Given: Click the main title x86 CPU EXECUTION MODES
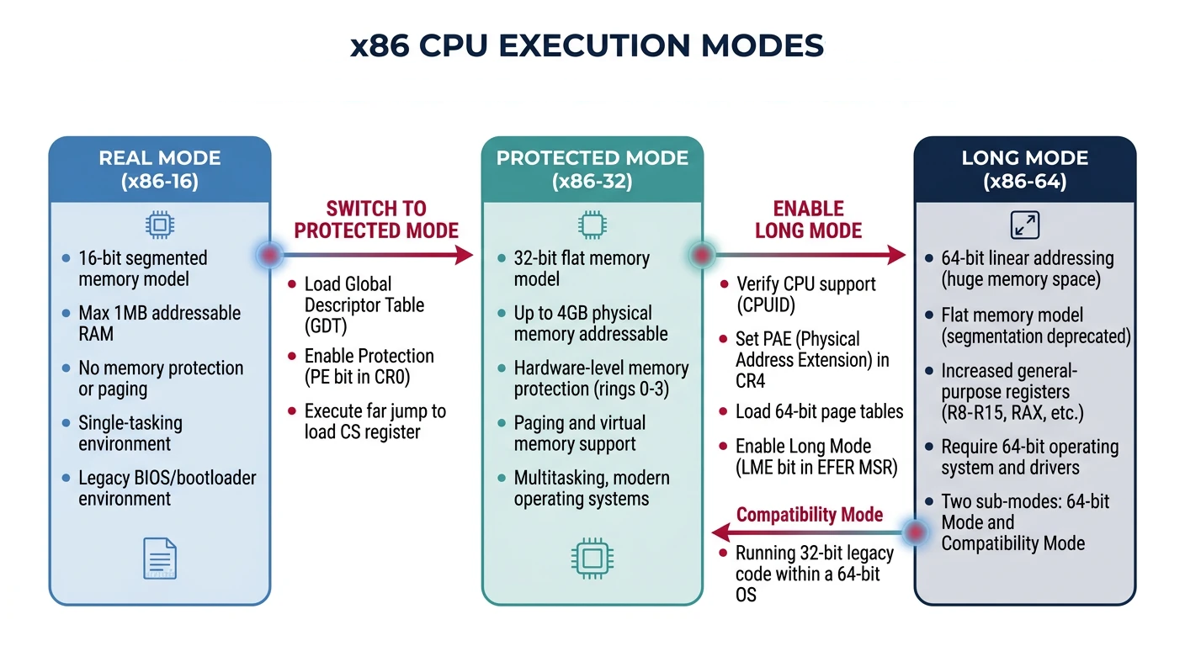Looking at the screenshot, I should (587, 45).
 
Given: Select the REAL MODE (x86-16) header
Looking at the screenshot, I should (160, 169).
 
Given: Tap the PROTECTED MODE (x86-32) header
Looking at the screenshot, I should (592, 169).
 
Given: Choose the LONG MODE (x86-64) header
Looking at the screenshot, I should (1024, 169).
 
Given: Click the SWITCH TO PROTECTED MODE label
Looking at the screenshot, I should (376, 220).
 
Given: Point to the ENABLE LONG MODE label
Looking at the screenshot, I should (808, 220).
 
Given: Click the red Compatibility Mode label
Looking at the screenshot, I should (810, 514).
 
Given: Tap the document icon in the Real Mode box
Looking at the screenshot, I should (160, 558).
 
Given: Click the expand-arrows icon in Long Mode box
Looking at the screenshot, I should (1024, 225).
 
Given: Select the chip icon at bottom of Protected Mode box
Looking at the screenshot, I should (592, 558).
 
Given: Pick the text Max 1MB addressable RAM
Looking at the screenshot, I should (159, 323).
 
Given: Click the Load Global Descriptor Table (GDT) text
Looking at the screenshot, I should (364, 304).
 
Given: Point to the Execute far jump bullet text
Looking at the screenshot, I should (375, 421).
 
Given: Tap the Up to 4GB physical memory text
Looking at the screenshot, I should (590, 323).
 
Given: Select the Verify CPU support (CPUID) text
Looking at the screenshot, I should (805, 294).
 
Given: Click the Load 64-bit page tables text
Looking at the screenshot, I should (819, 411).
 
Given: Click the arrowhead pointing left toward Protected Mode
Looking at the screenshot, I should (718, 532).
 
